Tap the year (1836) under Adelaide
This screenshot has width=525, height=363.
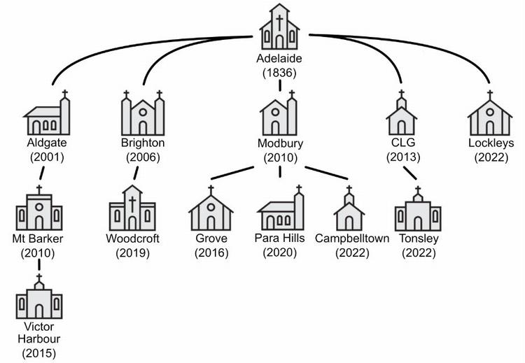pos(279,72)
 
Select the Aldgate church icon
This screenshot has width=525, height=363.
pos(48,114)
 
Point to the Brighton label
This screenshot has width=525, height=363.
pos(143,143)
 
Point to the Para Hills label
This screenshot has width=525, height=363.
pos(280,239)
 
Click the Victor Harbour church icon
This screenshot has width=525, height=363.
pos(39,299)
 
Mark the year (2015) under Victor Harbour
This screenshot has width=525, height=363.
pos(38,353)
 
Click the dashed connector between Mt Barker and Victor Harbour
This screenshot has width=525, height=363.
pos(39,267)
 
